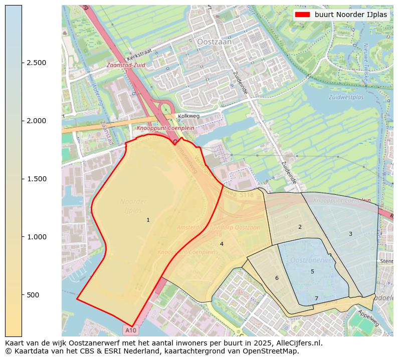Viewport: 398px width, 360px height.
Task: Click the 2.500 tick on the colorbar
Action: point(37,63)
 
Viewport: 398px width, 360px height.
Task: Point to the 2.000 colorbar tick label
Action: point(37,121)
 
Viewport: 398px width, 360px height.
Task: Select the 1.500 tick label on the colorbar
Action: point(37,179)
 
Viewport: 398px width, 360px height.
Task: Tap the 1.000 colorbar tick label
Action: point(37,237)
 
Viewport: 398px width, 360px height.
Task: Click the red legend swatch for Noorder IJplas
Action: point(302,15)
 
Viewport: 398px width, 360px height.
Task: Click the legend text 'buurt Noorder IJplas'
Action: point(351,15)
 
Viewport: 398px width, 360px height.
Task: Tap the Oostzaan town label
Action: point(215,43)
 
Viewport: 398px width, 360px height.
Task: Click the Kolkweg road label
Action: point(188,116)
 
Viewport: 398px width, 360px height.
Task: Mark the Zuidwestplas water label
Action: point(346,97)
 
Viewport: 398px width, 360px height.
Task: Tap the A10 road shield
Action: point(130,330)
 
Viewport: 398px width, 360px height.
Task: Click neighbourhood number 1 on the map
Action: point(148,220)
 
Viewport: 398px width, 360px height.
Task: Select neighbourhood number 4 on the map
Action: point(222,244)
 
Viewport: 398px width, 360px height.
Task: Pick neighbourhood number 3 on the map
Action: point(350,234)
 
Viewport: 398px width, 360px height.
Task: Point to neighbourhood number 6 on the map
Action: point(277,278)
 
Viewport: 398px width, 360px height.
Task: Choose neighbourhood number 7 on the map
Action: point(316,299)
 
